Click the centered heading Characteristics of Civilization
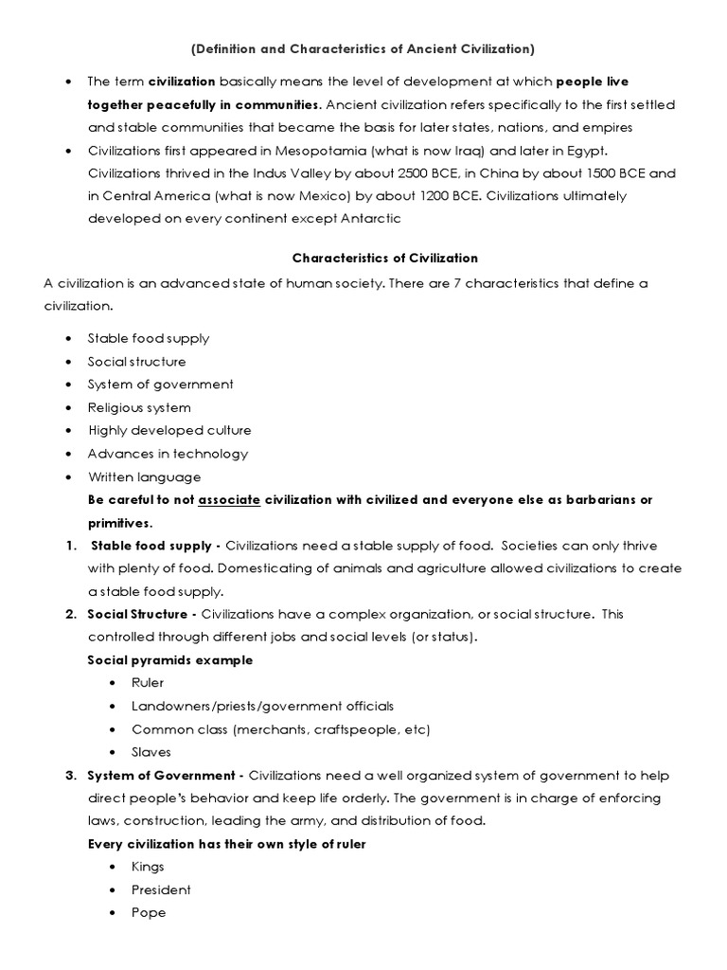click(384, 258)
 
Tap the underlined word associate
click(228, 499)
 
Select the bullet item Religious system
click(139, 407)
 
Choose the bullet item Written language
click(144, 476)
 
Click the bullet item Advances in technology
click(168, 454)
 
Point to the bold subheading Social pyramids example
click(169, 660)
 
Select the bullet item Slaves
click(151, 751)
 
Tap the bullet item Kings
click(148, 867)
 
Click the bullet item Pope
click(149, 912)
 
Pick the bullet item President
click(161, 889)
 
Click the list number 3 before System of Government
click(70, 775)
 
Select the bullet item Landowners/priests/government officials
click(262, 706)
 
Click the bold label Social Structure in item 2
click(136, 614)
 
